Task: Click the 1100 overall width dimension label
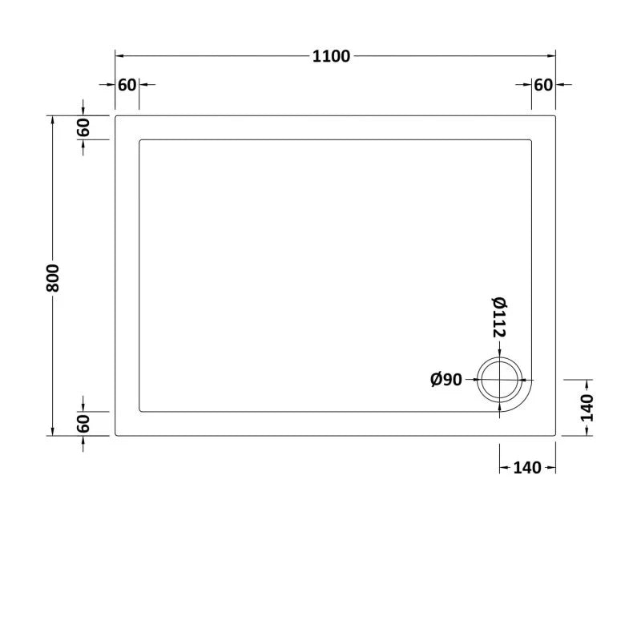click(332, 56)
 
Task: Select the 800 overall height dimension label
click(54, 276)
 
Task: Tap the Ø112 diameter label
click(498, 316)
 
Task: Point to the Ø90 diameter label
click(446, 380)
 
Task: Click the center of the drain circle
click(500, 380)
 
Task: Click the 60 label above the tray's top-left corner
click(127, 85)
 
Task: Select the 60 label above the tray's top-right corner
click(544, 85)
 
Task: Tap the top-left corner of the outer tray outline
click(117, 117)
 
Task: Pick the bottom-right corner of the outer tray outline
click(555, 435)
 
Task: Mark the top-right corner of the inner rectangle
click(531, 140)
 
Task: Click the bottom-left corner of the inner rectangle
click(140, 412)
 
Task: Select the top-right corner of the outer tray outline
click(555, 117)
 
